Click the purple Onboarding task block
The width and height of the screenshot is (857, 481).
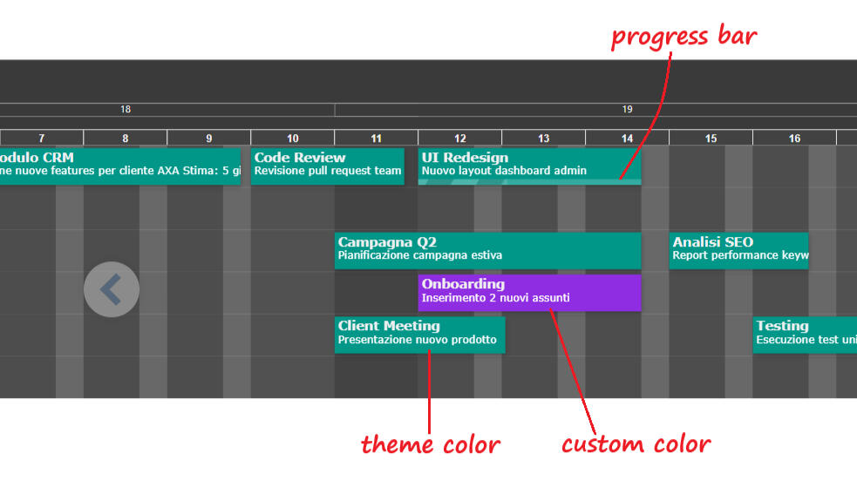pos(529,292)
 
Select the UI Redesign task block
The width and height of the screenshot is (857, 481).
pos(529,165)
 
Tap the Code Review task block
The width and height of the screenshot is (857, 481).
pos(327,166)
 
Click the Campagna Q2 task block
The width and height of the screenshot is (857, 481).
pos(487,249)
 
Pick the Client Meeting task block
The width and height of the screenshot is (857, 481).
pos(419,334)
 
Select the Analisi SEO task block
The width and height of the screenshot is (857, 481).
pos(738,249)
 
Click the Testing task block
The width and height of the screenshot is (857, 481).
pos(804,334)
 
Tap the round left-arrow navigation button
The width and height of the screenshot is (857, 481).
pos(112,289)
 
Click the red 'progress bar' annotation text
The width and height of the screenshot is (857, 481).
pos(684,37)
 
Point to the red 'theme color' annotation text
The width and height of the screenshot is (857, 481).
pos(431,444)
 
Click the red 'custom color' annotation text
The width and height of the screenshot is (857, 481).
pos(636,444)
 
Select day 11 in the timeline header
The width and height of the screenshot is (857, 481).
pos(376,138)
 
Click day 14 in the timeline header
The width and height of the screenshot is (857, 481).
pos(627,138)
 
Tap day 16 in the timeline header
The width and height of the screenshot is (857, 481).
pos(794,138)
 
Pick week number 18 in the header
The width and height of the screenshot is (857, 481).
pos(126,110)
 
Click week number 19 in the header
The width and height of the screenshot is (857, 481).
pos(627,110)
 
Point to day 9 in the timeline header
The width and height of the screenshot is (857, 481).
pos(208,138)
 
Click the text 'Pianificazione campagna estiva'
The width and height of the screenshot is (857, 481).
pos(419,256)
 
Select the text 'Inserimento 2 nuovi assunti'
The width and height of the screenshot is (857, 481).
pos(495,298)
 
